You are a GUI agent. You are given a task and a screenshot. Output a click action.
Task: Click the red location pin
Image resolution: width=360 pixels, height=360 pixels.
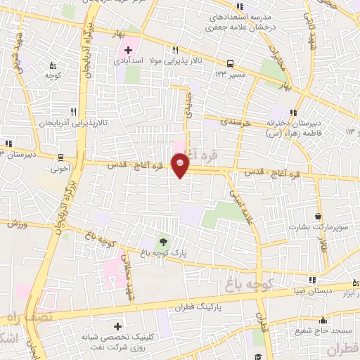[181, 165]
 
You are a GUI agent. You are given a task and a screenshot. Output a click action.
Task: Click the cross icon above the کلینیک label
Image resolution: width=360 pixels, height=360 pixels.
[117, 327]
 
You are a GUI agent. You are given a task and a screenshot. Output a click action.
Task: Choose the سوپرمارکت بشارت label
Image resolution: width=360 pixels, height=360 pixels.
[319, 229]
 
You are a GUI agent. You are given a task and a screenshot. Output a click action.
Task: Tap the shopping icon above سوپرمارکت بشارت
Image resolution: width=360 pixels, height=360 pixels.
[319, 217]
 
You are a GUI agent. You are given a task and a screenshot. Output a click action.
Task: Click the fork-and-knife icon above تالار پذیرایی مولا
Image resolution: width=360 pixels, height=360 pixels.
[176, 50]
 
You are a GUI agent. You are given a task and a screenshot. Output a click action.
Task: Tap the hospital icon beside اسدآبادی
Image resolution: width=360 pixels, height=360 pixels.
[128, 49]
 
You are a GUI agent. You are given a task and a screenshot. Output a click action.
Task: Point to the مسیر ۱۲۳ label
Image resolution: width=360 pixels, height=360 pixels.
[231, 73]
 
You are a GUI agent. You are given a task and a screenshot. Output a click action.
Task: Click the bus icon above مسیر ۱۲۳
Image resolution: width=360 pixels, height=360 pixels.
[231, 62]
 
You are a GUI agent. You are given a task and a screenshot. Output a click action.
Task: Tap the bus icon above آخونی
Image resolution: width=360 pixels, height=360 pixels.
[60, 157]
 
